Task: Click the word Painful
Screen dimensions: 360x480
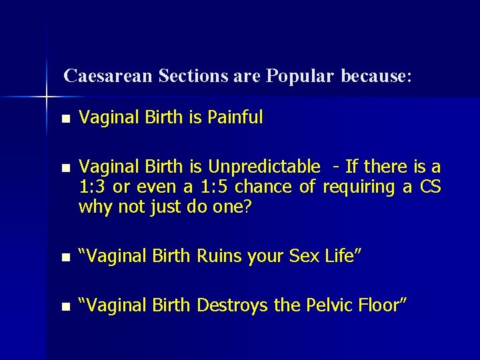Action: [235, 118]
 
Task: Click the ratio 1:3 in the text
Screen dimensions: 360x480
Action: [91, 187]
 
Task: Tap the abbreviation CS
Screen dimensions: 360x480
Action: [430, 187]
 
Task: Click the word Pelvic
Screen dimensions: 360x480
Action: [331, 305]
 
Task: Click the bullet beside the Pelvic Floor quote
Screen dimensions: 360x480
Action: [63, 307]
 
